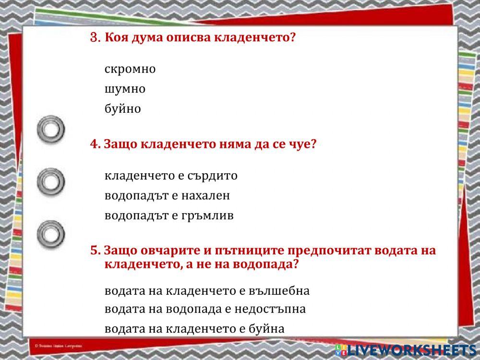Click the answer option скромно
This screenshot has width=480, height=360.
[130, 69]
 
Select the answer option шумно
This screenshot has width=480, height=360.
[125, 89]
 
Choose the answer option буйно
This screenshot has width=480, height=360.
[123, 109]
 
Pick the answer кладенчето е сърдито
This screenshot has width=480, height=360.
[171, 176]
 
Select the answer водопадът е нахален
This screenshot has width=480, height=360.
[167, 196]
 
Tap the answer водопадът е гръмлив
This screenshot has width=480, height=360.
[169, 216]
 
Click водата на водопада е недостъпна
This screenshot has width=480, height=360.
[205, 309]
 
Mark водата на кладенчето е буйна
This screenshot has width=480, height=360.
[194, 329]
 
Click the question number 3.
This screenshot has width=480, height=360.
[95, 37]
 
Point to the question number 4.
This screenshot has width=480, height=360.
[95, 144]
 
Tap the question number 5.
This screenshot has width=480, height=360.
[95, 251]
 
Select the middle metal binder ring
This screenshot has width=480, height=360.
[50, 182]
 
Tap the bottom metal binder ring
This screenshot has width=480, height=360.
[50, 234]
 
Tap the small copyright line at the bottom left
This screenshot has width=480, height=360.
[59, 345]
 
